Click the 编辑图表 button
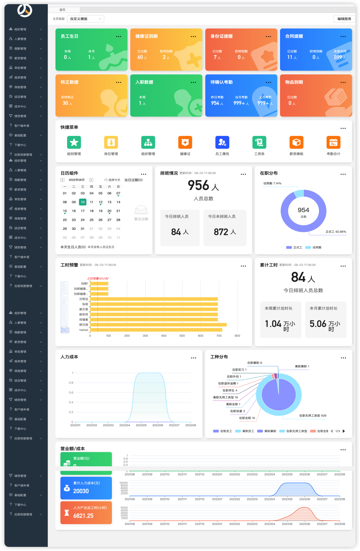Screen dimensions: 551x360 pos(344,19)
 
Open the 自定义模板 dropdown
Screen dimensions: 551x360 pos(86,19)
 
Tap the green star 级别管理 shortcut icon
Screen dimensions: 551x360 pos(74,142)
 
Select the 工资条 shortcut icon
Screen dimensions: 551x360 pos(259,142)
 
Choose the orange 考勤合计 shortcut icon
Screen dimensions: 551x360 pos(333,142)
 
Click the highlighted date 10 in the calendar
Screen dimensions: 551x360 pos(83,202)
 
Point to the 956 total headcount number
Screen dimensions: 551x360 pos(199,186)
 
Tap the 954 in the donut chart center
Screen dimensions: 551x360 pos(303,210)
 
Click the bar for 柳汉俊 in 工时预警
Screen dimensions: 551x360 pos(158,325)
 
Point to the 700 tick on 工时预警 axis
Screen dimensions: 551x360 pos(219,336)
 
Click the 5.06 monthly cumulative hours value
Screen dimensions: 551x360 pos(318,324)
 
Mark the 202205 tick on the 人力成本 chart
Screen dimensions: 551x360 pos(141,425)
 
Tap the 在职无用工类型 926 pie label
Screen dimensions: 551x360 pos(313,416)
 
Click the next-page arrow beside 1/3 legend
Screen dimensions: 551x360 pos(344,431)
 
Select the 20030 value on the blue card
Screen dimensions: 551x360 pos(81,491)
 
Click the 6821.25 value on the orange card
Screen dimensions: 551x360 pos(83,516)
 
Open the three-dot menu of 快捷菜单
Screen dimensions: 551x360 pos(343,128)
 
